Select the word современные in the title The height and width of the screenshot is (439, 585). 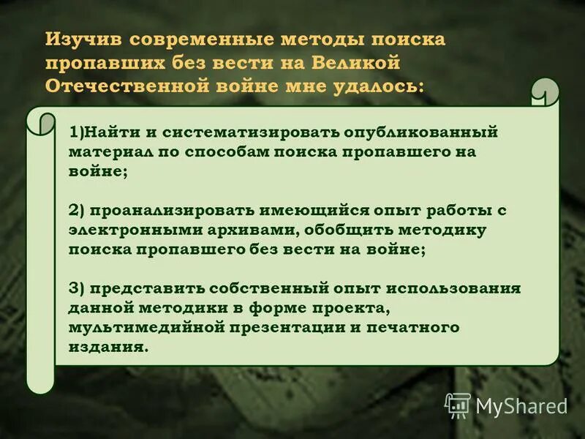coord(193,40)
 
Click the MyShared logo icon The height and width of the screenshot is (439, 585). coord(458,405)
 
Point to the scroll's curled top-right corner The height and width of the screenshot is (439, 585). coord(545,91)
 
